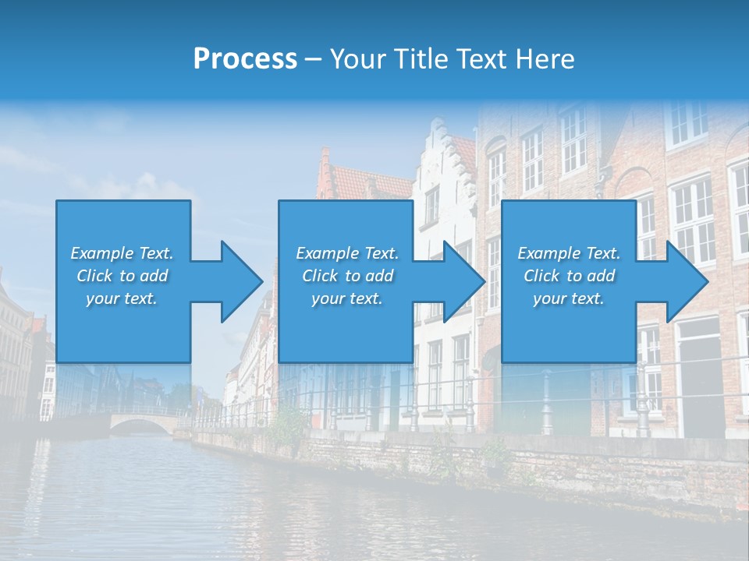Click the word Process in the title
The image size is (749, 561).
pos(245,59)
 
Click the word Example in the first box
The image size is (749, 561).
pos(102,253)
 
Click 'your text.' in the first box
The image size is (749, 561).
pos(122,298)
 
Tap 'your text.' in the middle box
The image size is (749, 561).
pos(347,298)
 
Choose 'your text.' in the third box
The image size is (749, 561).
pos(569,298)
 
